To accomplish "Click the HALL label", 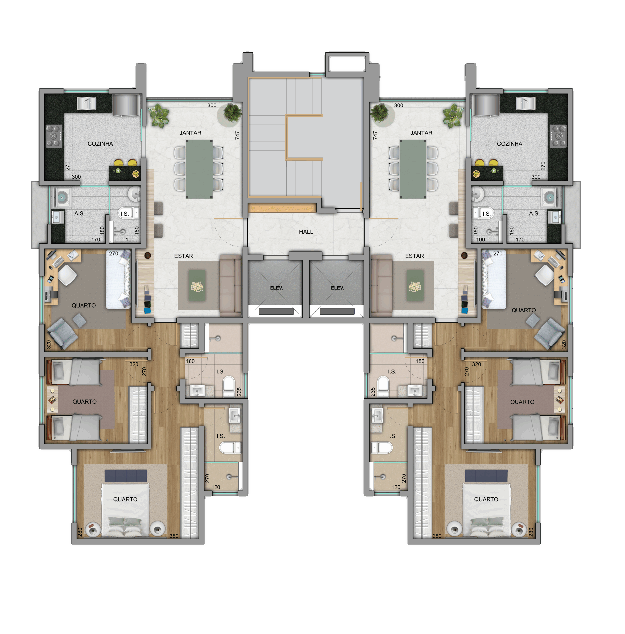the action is point(306,232).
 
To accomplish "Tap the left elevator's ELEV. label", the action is point(276,288).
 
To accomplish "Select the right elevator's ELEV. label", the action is point(337,288).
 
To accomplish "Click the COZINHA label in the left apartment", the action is point(100,144).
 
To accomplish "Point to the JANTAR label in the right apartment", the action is point(421,133).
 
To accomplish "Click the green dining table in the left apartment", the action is point(199,169).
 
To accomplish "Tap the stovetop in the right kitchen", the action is point(558,136).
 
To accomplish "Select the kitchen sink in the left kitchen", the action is point(87,103).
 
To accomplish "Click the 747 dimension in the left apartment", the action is point(237,135).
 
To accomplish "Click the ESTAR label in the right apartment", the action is point(414,256).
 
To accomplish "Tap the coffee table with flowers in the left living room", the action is point(197,286).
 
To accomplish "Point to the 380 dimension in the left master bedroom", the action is point(174,536).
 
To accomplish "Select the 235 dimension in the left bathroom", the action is point(239,392).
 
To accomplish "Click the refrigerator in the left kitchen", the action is point(126,105).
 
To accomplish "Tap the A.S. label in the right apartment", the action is point(534,214).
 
